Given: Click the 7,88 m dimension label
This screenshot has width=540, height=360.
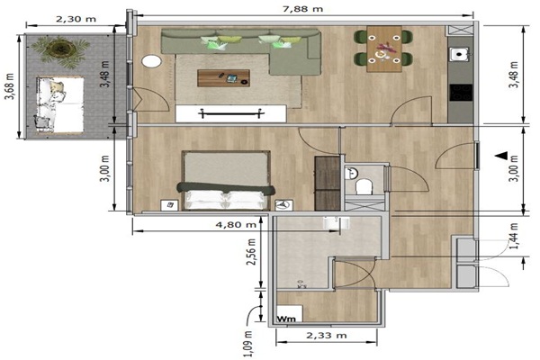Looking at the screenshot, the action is [x=302, y=9].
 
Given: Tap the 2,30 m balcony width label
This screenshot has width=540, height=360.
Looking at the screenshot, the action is [x=76, y=19].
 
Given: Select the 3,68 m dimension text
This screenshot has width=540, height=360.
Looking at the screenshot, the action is [x=9, y=86].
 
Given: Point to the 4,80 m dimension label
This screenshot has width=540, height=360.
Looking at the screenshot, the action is [x=236, y=225].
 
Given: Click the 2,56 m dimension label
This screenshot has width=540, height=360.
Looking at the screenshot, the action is [x=251, y=252].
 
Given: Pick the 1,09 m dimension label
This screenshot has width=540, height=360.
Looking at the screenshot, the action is [x=248, y=344].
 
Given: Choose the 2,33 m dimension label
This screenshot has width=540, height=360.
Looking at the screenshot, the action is [x=327, y=335].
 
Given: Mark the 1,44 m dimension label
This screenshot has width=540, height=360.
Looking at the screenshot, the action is [x=514, y=236].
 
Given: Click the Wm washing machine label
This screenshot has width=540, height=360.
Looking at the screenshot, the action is [x=286, y=319].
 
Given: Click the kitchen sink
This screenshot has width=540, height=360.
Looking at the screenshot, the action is [x=459, y=54].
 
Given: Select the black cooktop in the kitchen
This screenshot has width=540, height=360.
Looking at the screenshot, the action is [x=461, y=93].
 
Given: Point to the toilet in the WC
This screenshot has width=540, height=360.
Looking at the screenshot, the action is [x=364, y=186].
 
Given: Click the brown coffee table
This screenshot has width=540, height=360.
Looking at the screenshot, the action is [x=223, y=78].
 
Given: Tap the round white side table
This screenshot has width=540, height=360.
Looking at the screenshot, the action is [x=151, y=61].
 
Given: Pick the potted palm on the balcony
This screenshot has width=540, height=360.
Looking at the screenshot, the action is [x=61, y=50].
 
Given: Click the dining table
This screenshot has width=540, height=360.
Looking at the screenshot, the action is [x=384, y=49].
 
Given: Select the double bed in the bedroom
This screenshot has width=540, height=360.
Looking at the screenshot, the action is [x=226, y=181].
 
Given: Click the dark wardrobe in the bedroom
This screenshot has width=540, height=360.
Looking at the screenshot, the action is [x=328, y=184].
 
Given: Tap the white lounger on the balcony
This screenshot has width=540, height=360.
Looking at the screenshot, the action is [x=60, y=104].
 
